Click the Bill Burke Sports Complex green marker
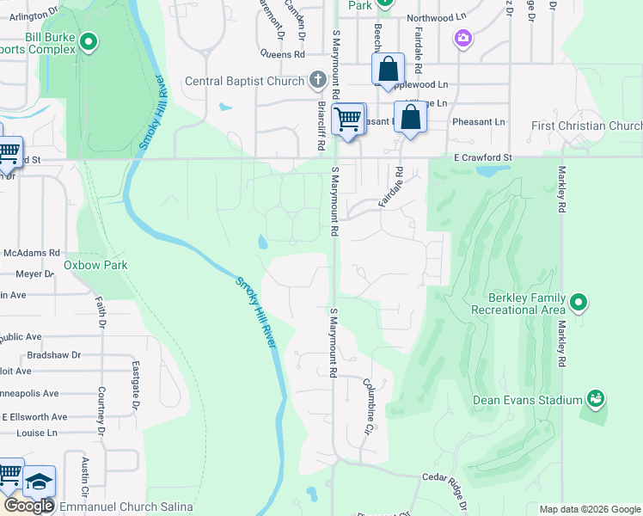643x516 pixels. point(88,41)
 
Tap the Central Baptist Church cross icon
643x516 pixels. point(317,81)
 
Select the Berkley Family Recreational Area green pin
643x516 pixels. point(579,302)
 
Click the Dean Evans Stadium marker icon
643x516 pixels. point(595,398)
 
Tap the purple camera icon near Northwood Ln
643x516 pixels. point(463,38)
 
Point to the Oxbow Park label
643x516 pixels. point(95,265)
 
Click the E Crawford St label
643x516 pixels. point(482,158)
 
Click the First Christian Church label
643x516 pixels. point(586,126)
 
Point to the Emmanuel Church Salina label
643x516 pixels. point(127,507)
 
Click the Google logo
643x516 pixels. point(28,506)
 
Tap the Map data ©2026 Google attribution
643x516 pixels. point(590,509)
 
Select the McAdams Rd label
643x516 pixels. point(30,254)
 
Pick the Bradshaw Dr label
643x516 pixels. point(53,354)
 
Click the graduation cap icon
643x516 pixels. point(39,482)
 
